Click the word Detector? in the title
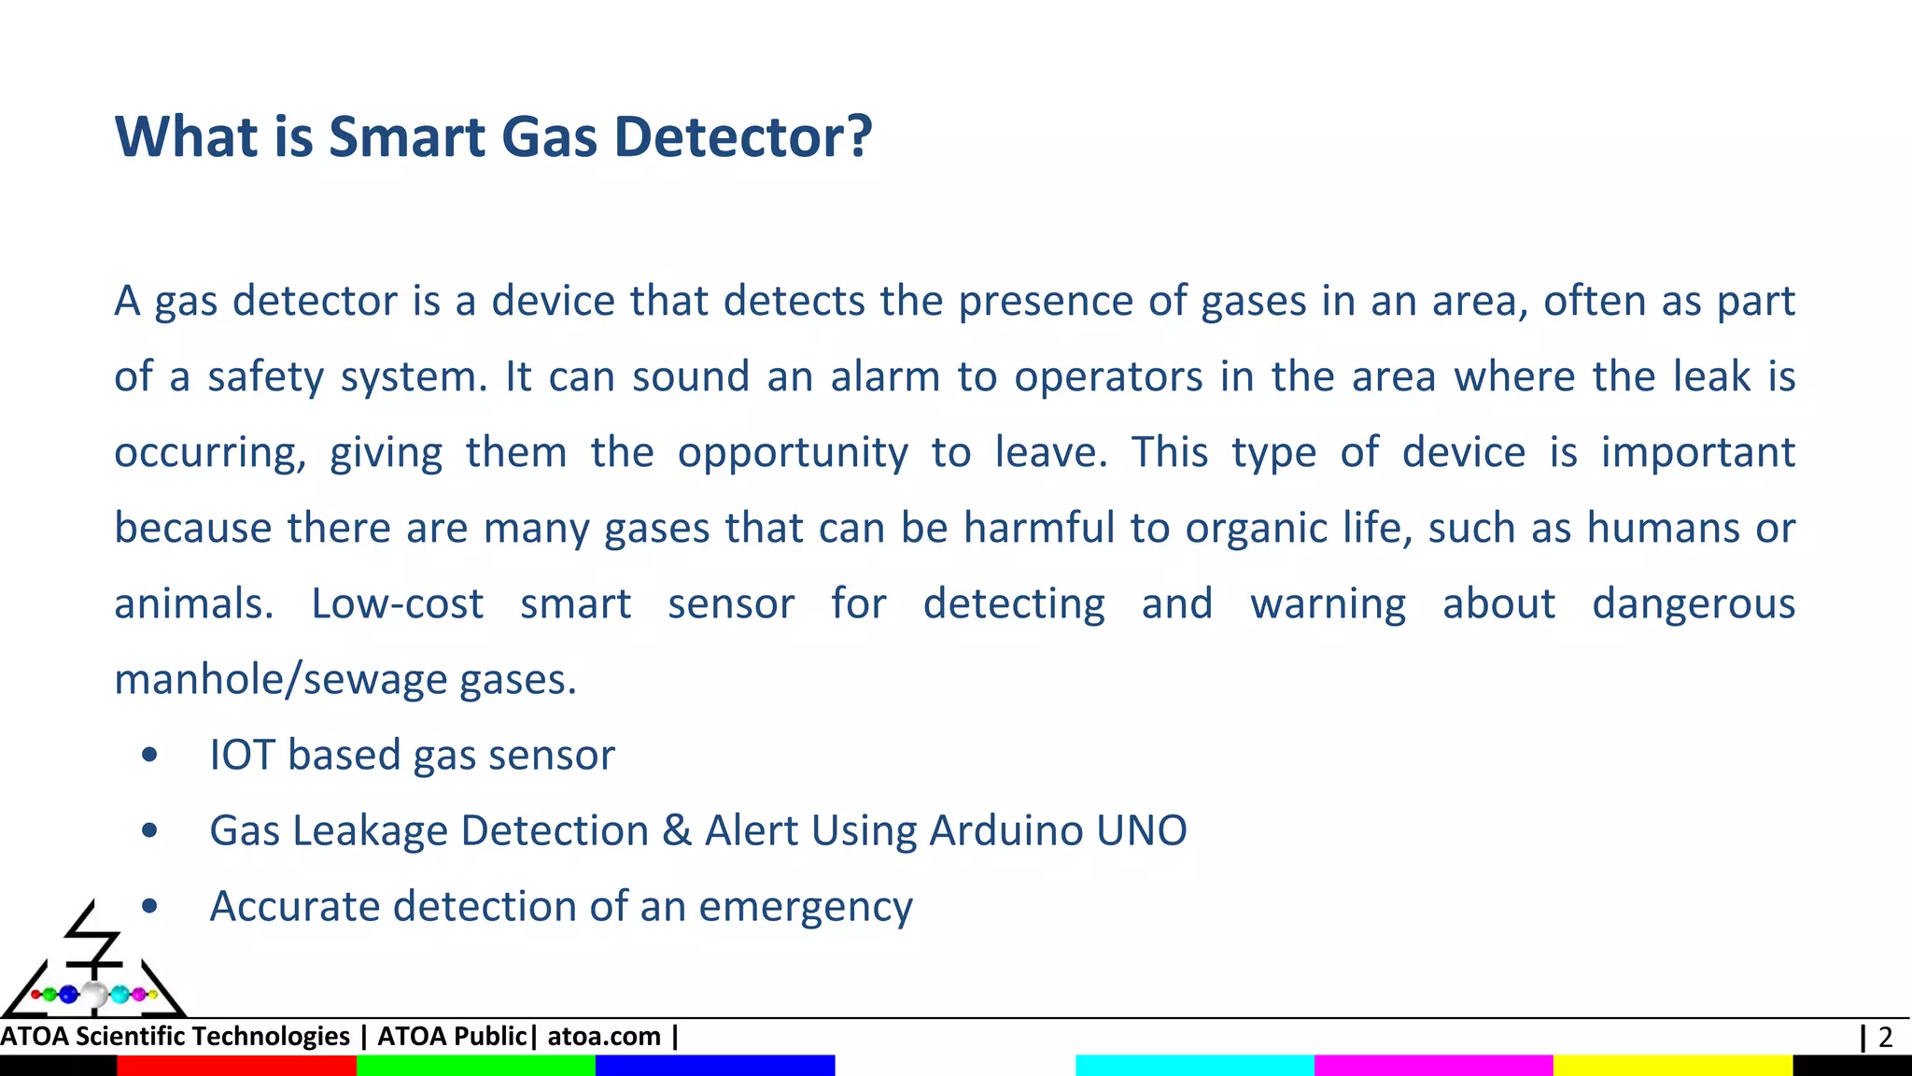click(742, 136)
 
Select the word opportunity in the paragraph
click(793, 454)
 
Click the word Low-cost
click(398, 603)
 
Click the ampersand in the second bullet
click(677, 830)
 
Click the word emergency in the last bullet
click(806, 907)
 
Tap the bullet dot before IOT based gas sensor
click(149, 755)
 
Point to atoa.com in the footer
click(604, 1037)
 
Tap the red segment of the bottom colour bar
click(236, 1066)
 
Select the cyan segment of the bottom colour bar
click(1194, 1066)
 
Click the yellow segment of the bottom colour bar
click(1672, 1066)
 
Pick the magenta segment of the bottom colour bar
click(1433, 1066)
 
